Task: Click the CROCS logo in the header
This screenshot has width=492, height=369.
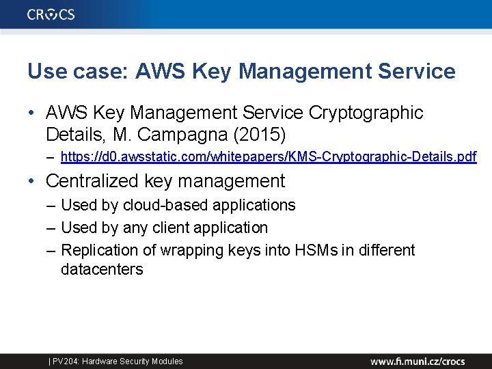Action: [51, 14]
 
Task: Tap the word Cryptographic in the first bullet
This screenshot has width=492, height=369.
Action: [366, 112]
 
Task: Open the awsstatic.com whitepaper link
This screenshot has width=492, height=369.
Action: [269, 158]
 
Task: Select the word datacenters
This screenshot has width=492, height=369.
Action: [102, 269]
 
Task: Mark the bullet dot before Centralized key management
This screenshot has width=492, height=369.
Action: [31, 182]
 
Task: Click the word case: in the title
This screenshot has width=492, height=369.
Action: [103, 71]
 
